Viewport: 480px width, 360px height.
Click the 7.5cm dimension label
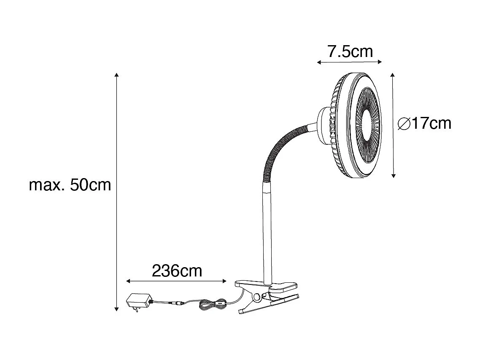click(x=350, y=51)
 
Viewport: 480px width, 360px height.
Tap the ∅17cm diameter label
click(x=424, y=123)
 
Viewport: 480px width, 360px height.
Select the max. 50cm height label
click(x=70, y=185)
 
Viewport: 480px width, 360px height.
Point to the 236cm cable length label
click(x=177, y=271)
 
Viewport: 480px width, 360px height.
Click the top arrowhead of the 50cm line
click(x=117, y=75)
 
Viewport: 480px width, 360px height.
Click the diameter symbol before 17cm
click(x=404, y=124)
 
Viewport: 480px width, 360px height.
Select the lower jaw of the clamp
click(x=270, y=303)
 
